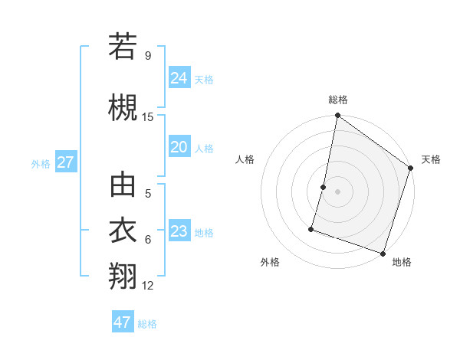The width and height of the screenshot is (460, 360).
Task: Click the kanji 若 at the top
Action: click(123, 47)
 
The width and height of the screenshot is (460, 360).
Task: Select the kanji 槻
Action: click(123, 108)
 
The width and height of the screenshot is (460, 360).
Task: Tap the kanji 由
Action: click(123, 185)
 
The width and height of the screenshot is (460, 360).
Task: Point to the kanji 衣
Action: click(123, 231)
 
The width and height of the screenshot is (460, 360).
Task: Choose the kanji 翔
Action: click(123, 276)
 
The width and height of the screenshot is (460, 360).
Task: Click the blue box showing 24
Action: click(179, 78)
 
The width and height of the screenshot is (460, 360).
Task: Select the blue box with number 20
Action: click(179, 147)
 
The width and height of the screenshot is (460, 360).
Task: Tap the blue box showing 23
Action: click(179, 231)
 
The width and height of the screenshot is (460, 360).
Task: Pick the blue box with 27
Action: click(65, 162)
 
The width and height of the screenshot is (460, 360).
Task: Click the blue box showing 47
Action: click(123, 322)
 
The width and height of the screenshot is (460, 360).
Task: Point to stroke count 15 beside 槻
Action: click(148, 117)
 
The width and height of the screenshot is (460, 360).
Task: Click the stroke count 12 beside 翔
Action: click(148, 286)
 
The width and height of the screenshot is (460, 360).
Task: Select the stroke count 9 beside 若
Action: click(147, 56)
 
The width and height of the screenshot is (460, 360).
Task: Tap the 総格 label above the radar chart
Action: click(337, 100)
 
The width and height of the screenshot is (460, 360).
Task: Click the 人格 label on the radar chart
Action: click(245, 159)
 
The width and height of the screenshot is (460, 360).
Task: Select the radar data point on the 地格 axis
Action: click(383, 253)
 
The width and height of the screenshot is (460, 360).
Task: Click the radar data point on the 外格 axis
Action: click(312, 228)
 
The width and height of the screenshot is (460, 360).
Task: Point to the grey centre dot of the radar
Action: click(337, 191)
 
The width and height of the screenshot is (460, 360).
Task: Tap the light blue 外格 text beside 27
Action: click(41, 163)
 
